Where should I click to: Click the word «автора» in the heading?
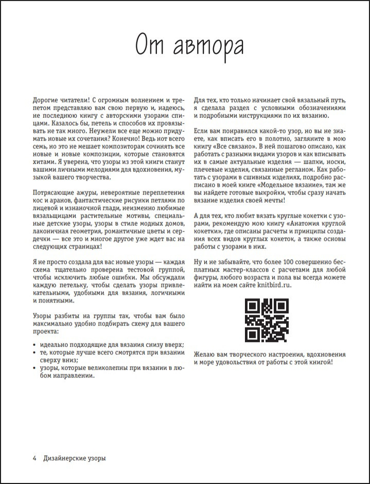[x=209, y=45]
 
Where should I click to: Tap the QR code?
[x=266, y=321]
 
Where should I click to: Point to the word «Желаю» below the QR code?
[x=205, y=354]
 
